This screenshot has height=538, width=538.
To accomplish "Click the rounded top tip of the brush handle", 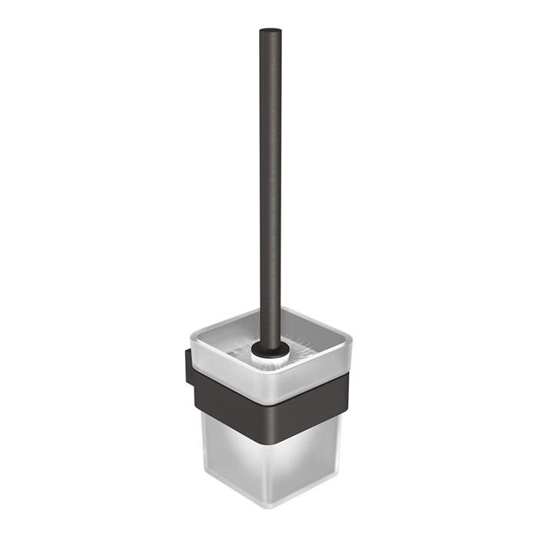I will pyautogui.click(x=270, y=32).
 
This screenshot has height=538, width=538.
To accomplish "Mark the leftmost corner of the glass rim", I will pyautogui.click(x=192, y=336).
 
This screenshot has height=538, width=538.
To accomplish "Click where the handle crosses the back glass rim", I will pyautogui.click(x=270, y=311).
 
